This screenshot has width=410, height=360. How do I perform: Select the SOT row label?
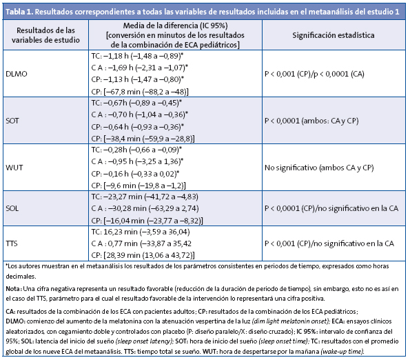click(13, 119)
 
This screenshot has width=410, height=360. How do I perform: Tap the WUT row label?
click(14, 168)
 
